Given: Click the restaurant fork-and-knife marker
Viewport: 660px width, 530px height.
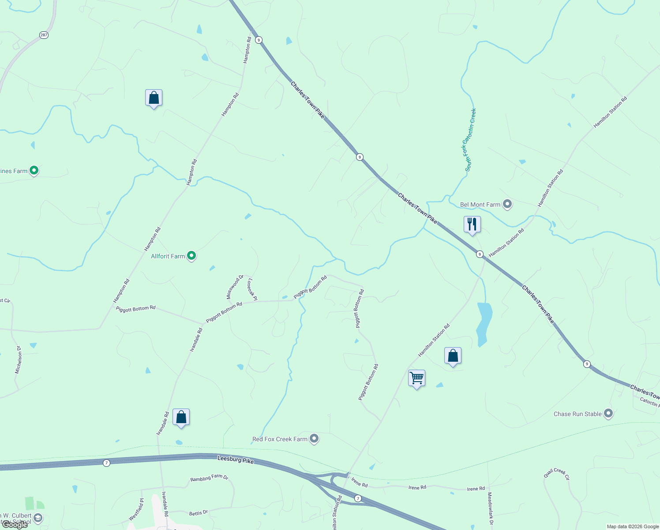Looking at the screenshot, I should [472, 224].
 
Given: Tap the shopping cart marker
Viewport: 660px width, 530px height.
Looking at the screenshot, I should [416, 378].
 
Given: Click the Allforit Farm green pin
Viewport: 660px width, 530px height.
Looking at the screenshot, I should [191, 256].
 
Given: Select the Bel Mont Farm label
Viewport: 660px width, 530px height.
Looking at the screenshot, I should [480, 204].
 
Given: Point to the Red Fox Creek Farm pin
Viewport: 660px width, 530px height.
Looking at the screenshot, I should [314, 439].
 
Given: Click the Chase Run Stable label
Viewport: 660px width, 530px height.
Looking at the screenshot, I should [577, 414].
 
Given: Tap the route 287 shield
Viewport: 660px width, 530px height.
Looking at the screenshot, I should [44, 35].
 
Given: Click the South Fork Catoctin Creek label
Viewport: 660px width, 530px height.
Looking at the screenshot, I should [470, 140].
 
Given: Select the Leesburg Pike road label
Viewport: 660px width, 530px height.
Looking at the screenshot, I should [236, 459].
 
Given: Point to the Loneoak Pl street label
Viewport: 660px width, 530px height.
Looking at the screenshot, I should [252, 289].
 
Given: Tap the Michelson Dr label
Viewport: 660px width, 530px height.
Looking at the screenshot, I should [19, 360].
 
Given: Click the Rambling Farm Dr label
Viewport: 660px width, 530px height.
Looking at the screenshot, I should [209, 478].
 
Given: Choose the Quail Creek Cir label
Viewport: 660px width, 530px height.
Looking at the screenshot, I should [557, 474].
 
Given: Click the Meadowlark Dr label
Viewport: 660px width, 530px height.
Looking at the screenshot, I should [490, 508].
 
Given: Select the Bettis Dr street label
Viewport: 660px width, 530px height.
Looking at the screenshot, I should [198, 513].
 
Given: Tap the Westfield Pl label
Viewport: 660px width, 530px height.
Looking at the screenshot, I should [136, 509].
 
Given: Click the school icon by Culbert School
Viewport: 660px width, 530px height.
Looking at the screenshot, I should [38, 518].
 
